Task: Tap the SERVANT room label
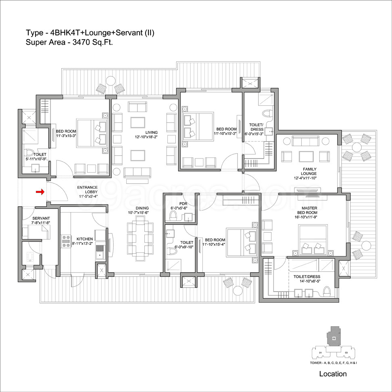(x=41, y=218)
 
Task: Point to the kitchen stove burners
(x=66, y=242)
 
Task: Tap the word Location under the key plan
(x=333, y=374)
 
